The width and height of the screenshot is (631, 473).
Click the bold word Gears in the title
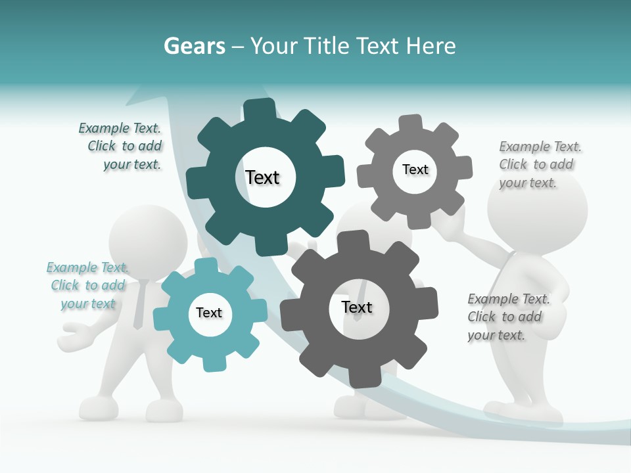(x=195, y=46)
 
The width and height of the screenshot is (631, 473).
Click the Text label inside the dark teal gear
(x=262, y=177)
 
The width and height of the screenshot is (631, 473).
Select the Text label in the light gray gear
(x=415, y=169)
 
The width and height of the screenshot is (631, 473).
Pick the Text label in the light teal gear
(x=209, y=313)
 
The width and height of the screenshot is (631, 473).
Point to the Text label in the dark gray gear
(x=357, y=307)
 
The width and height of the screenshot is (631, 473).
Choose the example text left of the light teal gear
(x=87, y=285)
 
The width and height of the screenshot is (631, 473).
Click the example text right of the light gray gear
(x=538, y=164)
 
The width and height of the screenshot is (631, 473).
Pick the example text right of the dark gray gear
(x=507, y=317)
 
